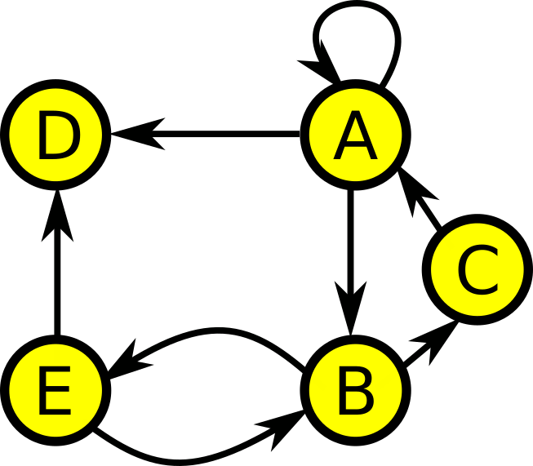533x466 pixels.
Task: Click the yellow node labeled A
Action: tap(355, 135)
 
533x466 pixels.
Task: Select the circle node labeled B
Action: tap(355, 390)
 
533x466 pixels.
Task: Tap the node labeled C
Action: tap(477, 269)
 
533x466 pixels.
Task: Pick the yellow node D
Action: tap(56, 135)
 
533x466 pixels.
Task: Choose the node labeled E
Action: tap(56, 390)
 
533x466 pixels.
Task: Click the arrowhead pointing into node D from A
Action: tap(140, 134)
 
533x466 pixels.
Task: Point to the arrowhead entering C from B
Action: tap(437, 340)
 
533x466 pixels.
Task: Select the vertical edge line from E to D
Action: tap(57, 263)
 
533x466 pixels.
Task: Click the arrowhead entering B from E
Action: tap(282, 427)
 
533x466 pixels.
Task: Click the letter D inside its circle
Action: tap(59, 135)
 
